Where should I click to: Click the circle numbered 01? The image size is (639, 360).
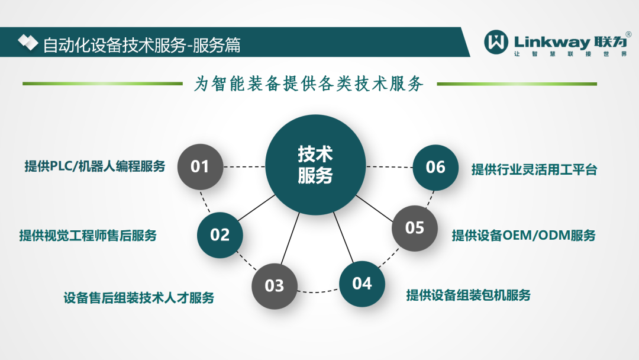point(200,166)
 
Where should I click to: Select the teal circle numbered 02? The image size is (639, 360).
point(220,235)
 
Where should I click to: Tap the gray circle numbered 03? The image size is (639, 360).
point(275,286)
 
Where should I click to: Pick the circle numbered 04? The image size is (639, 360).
point(362,284)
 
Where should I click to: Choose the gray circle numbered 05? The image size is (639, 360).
point(414,228)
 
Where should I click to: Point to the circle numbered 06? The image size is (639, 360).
point(435,167)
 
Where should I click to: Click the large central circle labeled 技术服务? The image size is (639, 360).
point(315,165)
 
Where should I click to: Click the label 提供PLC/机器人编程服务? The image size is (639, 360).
point(95,166)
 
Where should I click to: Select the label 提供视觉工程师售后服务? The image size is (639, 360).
point(88,235)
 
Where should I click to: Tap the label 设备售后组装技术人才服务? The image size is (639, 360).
point(139,298)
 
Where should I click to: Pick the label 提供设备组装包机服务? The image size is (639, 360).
point(468,295)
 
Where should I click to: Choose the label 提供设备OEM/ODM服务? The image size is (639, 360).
point(524,235)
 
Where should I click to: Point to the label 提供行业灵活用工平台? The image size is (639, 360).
point(534,169)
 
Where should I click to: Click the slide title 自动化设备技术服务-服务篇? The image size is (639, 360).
point(142,45)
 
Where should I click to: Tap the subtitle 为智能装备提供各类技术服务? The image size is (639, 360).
point(309,83)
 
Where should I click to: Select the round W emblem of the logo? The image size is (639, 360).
point(496,41)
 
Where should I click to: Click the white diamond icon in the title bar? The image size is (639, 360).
point(28,43)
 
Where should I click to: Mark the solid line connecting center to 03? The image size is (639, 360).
point(290,239)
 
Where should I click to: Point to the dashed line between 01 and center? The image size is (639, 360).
point(244,167)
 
